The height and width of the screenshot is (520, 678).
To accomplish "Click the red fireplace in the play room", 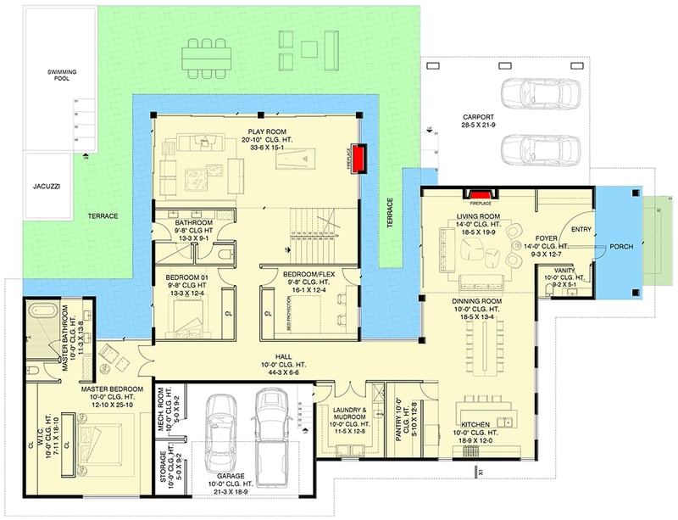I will coord(360,159).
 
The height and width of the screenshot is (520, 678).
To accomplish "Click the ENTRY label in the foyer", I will coord(581,229).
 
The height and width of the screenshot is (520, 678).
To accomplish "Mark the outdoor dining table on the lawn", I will coord(206,56).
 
